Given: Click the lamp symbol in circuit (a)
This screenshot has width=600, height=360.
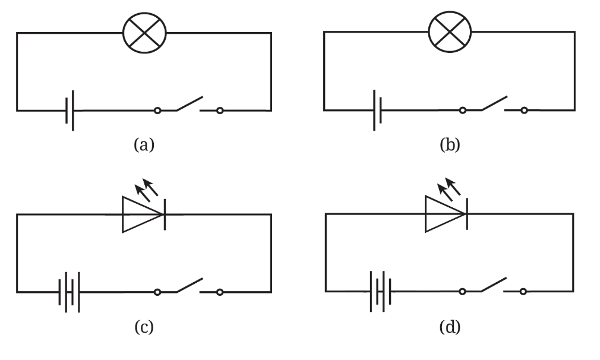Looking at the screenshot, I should point(144,33).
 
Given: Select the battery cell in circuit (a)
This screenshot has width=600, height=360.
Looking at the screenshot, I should point(70,110).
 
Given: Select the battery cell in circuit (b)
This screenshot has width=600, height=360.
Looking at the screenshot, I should point(377,110).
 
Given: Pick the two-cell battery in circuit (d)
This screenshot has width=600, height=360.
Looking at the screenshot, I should point(380,292).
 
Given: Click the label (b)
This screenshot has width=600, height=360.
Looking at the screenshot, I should point(450,144).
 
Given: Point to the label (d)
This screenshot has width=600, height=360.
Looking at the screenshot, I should point(450,327).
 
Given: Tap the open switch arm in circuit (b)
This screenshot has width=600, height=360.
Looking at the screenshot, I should point(494,103).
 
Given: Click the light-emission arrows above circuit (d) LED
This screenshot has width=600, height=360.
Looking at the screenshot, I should point(449,187).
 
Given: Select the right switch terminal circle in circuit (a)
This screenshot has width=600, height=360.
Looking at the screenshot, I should point(220,110).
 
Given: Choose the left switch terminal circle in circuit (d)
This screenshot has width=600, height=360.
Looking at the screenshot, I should point(462,292).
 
